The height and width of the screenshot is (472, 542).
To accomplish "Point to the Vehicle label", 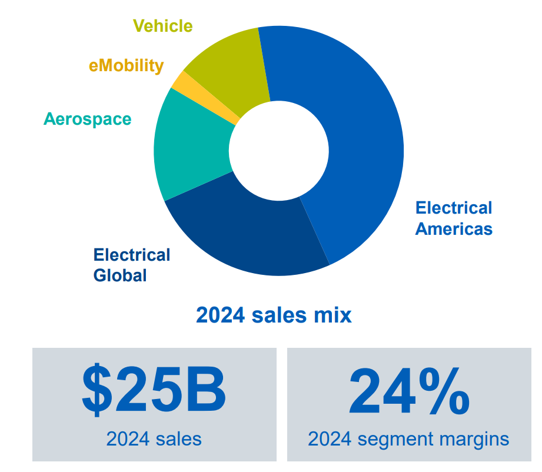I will click(162, 26).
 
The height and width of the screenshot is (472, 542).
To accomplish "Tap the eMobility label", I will click(126, 66).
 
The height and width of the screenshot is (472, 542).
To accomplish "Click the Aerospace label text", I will click(87, 119).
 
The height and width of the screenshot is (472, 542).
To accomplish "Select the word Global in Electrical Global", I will click(120, 275).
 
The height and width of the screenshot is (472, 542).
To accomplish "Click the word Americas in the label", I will click(453, 228).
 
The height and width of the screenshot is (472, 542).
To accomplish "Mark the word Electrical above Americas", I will click(453, 208).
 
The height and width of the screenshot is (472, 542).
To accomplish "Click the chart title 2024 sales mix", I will click(274, 315).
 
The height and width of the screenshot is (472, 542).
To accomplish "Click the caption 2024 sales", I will click(154, 438).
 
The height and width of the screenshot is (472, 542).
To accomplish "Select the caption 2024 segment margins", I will click(408, 439).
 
